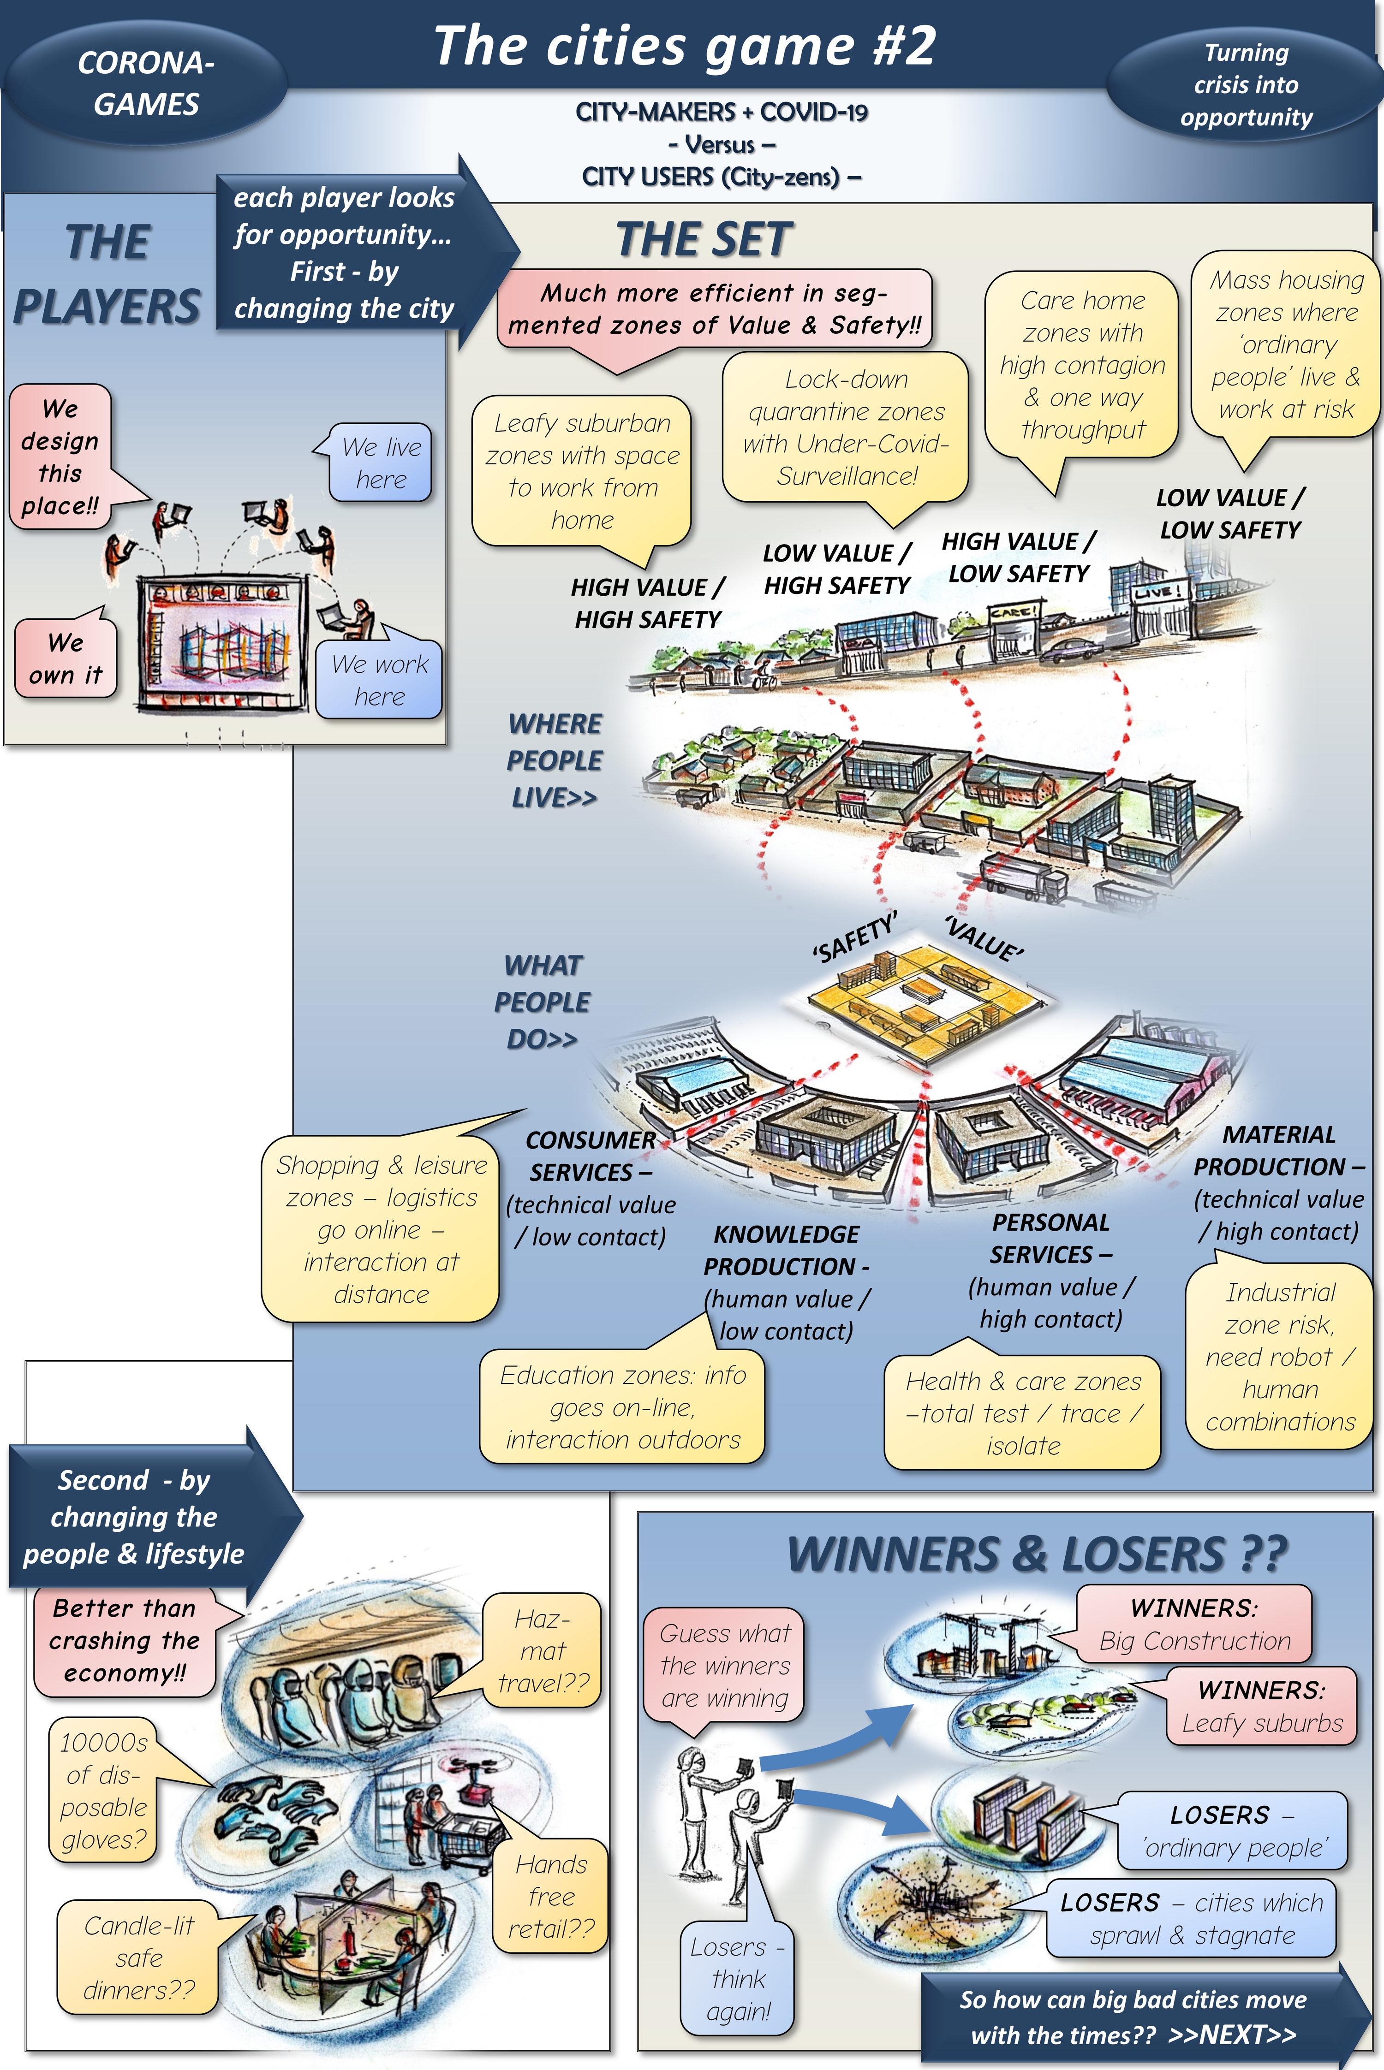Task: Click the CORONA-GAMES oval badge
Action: coord(146,84)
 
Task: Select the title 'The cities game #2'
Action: coord(684,46)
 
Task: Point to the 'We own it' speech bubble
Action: coord(66,658)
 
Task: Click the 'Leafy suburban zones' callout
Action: coord(582,471)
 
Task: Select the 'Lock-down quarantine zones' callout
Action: coord(846,427)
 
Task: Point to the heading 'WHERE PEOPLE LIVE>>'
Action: coord(555,760)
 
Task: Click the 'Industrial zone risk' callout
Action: coord(1280,1357)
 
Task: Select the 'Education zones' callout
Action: coord(622,1407)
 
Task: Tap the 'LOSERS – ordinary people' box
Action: coord(1232,1831)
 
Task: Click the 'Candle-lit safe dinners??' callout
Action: coord(138,1958)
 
